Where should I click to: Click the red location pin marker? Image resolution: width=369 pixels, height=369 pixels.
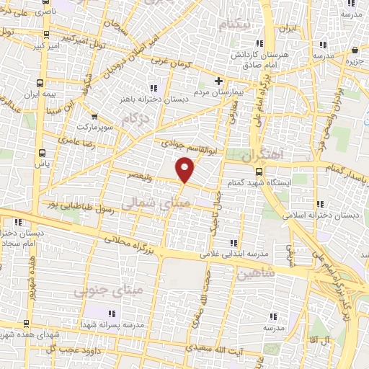185,169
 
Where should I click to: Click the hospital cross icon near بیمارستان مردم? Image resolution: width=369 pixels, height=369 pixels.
218,81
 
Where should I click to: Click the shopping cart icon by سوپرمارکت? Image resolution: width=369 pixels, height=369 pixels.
94,116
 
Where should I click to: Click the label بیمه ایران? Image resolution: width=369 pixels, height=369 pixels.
40,94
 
